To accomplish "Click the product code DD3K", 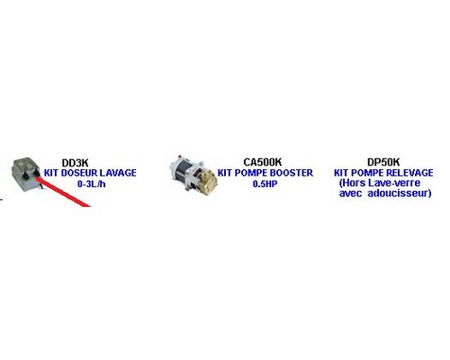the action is coord(75,163).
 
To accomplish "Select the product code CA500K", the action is coord(263,162).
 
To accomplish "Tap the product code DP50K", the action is coord(383,162).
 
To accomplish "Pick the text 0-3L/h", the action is coord(91,184).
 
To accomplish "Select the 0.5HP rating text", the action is coord(265,184).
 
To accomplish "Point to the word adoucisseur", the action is coord(400,193).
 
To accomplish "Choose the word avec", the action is coord(350,193).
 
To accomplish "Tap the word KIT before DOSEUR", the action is coord(51,173).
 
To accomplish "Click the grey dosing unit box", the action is coord(24,174).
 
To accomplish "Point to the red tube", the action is coord(63,192).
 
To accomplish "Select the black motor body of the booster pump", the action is coord(182,172).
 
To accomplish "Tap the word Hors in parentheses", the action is coord(352,183).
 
